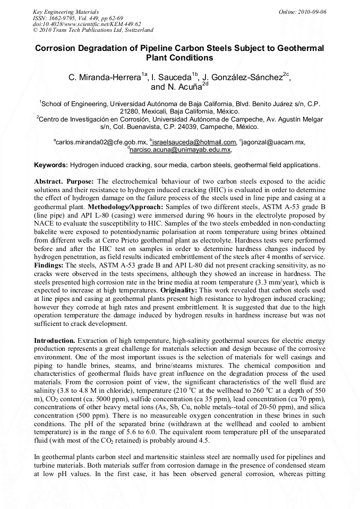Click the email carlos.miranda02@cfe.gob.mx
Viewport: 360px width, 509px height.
[x=101, y=142]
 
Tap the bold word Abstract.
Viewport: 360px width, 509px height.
[x=50, y=181]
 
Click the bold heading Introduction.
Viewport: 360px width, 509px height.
[x=55, y=340]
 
